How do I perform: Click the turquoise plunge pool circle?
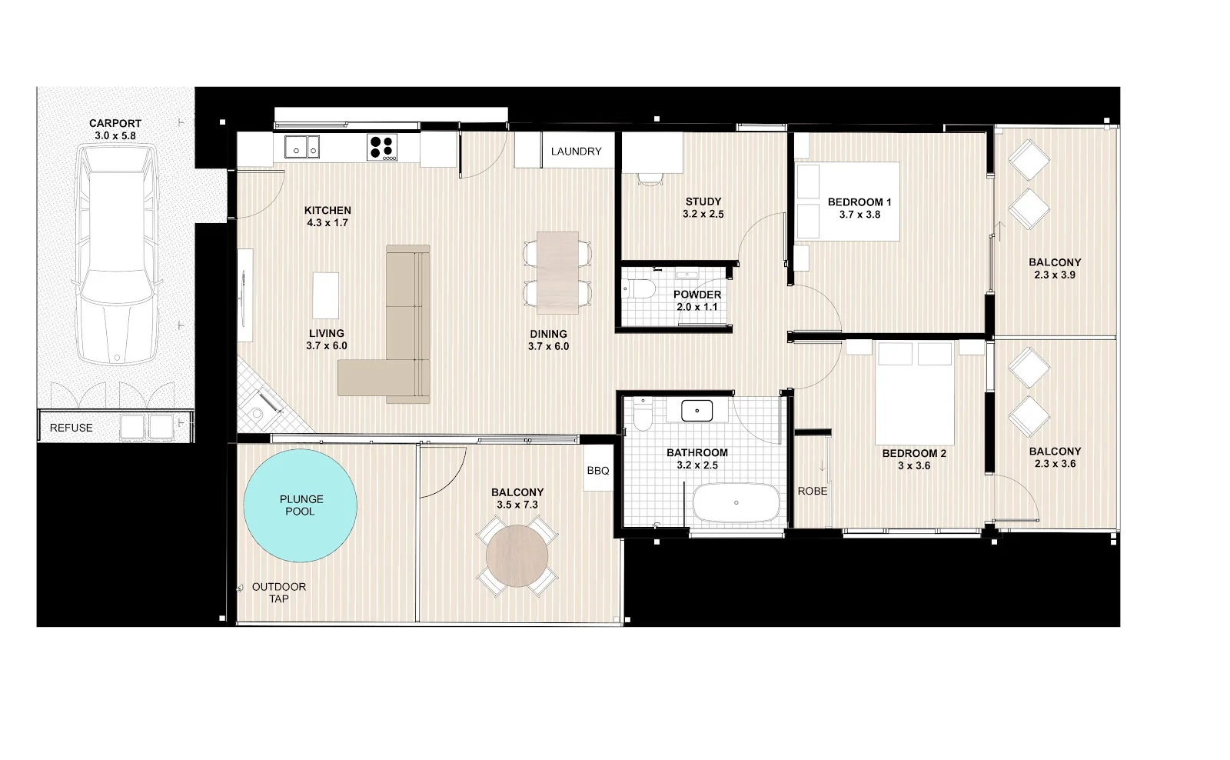(300, 505)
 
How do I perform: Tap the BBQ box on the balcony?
(597, 471)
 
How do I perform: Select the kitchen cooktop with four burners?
(383, 147)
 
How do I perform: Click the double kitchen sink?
(302, 147)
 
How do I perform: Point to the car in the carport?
(117, 258)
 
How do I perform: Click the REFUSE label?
(71, 428)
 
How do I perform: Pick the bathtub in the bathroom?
(736, 504)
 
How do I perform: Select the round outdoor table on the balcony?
(517, 557)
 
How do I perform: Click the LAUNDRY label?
(576, 152)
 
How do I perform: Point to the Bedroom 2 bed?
(915, 382)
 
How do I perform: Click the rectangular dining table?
(557, 272)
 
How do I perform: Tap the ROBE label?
(813, 491)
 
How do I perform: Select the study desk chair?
(650, 178)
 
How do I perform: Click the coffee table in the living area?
(326, 295)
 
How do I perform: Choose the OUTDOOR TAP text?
(279, 592)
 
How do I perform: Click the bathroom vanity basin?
(697, 411)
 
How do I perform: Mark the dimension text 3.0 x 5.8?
(115, 135)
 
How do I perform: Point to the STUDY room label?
(703, 202)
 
